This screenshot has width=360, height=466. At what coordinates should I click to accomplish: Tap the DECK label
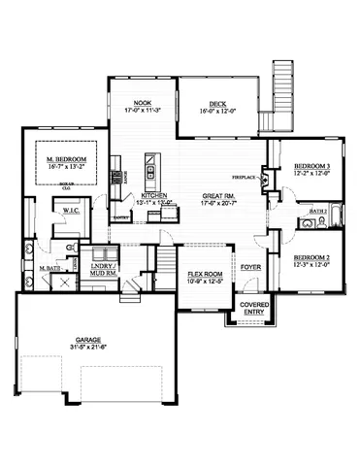[x=216, y=105]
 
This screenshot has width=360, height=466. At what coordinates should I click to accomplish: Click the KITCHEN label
[x=154, y=196]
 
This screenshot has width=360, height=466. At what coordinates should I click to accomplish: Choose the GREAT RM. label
[x=219, y=196]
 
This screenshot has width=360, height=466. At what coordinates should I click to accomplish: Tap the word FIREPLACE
[x=245, y=179]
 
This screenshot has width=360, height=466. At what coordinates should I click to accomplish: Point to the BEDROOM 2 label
[x=312, y=257]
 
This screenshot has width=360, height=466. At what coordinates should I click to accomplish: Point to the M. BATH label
[x=50, y=267]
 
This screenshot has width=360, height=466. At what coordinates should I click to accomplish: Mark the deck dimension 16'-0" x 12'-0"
[x=216, y=112]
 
